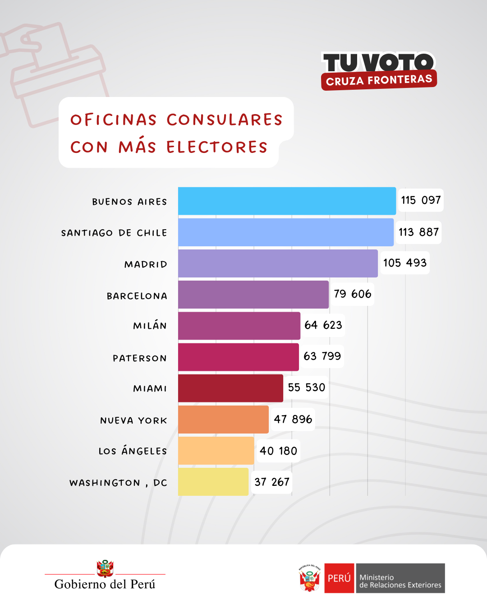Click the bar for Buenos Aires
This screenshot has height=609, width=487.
point(287,201)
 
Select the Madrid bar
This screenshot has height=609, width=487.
point(278,263)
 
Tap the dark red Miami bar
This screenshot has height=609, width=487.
point(230,388)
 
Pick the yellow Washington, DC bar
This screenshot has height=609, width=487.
point(213,482)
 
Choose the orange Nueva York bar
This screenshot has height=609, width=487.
point(223,420)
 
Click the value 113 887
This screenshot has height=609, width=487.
point(418,232)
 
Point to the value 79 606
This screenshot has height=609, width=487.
point(352,294)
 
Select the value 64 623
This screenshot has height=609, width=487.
point(323,325)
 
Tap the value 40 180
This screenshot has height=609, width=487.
point(278,451)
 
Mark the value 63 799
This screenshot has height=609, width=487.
point(322,356)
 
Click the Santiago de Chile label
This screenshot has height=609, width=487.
point(114,233)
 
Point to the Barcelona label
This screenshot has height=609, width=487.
point(137,296)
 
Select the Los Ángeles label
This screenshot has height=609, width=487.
point(133,451)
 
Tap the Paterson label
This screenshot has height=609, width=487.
point(140,358)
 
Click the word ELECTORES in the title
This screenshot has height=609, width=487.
point(217,147)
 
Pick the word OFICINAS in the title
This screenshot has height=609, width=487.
point(114,120)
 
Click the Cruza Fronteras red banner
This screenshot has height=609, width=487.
point(379,80)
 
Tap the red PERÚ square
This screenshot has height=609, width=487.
point(339,578)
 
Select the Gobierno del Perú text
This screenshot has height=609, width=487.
point(105,584)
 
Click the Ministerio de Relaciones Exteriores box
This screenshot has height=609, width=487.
point(400,578)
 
